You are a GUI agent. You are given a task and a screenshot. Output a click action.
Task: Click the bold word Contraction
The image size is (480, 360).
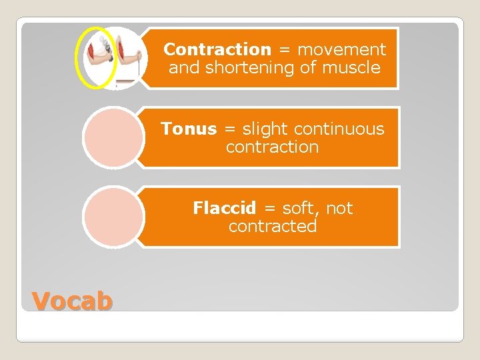217,49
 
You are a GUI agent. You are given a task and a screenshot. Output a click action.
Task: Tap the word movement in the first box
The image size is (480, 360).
341,49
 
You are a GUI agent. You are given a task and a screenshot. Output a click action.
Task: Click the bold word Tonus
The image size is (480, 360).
189,129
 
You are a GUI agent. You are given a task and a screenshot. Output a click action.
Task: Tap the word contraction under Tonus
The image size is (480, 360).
272,147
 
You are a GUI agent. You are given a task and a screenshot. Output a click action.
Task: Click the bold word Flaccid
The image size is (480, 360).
224,208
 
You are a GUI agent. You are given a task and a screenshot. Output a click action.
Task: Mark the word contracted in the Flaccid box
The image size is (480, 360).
272,226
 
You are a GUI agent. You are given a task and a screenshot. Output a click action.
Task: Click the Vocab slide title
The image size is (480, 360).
73,301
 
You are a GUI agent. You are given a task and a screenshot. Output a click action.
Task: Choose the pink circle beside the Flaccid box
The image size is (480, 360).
112,217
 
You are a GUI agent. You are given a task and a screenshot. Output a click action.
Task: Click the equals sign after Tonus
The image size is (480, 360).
229,129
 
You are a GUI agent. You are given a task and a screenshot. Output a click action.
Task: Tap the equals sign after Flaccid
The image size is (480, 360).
269,209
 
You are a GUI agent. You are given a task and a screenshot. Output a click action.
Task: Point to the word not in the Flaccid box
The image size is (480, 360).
339,208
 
